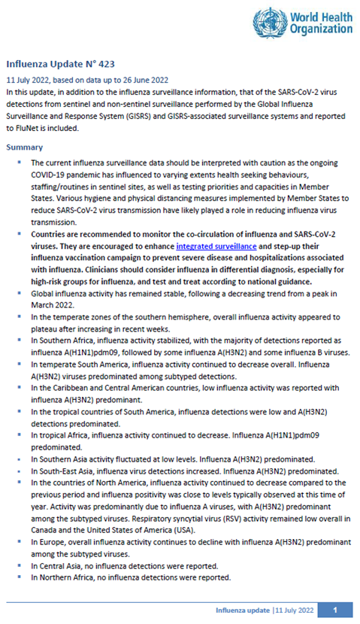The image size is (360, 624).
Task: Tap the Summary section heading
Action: pyautogui.click(x=25, y=147)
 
